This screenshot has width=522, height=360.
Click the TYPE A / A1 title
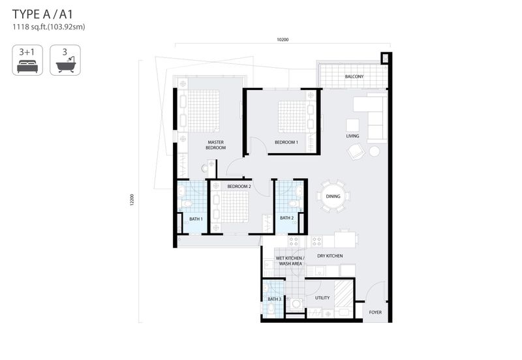(42, 14)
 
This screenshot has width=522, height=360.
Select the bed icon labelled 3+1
(27, 60)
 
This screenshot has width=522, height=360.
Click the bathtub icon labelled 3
(65, 60)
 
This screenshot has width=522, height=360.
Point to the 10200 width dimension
(283, 40)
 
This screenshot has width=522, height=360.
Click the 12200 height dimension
(132, 200)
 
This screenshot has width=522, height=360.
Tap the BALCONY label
(354, 76)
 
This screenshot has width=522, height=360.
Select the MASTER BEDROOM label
(216, 145)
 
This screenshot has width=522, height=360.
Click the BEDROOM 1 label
(286, 142)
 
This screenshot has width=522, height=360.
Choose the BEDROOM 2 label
(239, 187)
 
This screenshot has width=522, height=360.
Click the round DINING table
(333, 196)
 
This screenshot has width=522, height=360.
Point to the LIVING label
(352, 136)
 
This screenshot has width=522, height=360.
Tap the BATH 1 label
(196, 219)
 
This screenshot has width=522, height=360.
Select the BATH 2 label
(286, 218)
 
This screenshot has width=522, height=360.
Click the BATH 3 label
(274, 299)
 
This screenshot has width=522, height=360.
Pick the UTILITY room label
(322, 298)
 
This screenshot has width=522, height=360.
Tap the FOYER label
(375, 312)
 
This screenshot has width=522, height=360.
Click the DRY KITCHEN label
(330, 256)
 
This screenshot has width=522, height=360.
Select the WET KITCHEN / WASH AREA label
(290, 261)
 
